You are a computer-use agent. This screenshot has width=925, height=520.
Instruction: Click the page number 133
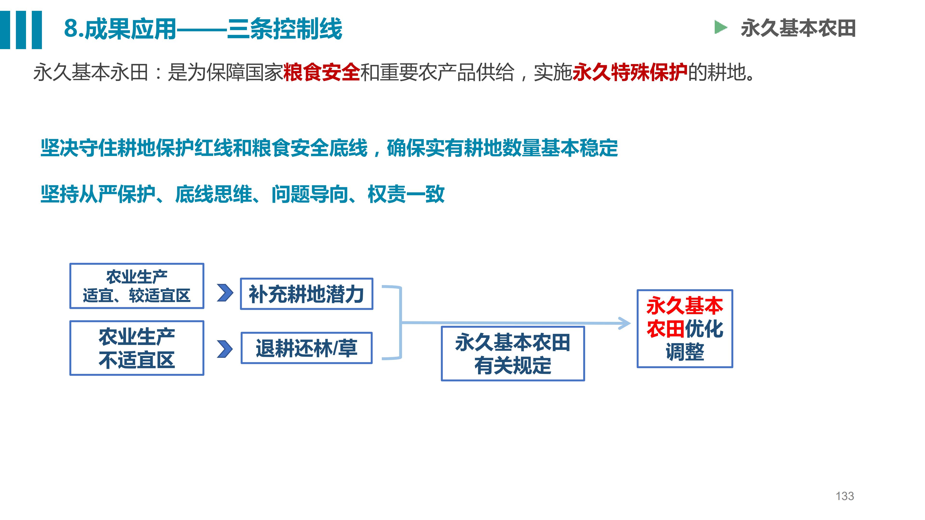click(x=845, y=496)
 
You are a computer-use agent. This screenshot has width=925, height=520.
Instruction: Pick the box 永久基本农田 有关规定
click(x=513, y=353)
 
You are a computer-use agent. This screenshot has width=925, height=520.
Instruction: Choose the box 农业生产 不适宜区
click(x=137, y=348)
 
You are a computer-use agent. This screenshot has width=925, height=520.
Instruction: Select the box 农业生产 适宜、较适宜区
click(x=137, y=286)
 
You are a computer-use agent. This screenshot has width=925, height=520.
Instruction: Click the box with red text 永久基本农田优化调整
click(x=685, y=329)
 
